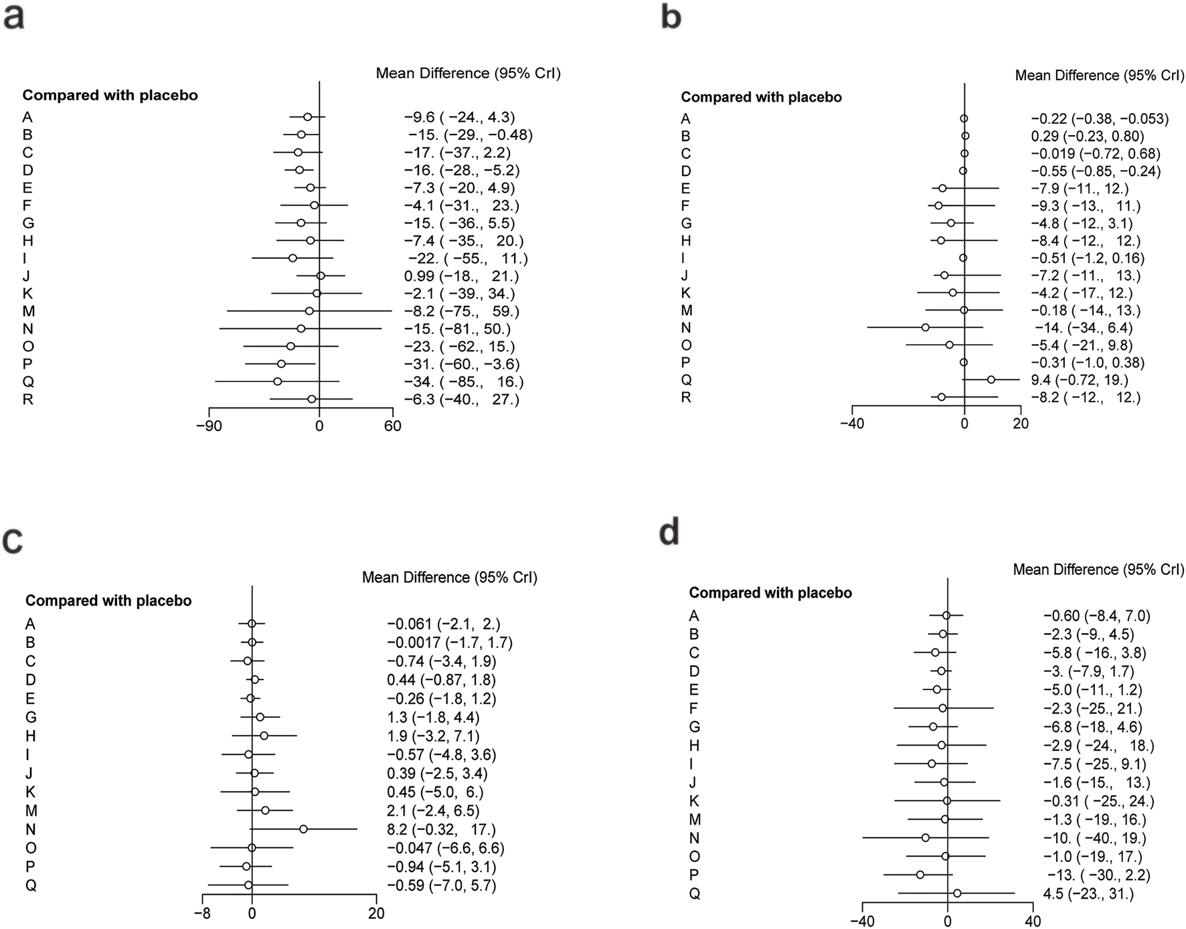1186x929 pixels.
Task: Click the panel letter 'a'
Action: [14, 17]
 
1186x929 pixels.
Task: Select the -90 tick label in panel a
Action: [209, 426]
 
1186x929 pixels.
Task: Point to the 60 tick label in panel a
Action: [393, 426]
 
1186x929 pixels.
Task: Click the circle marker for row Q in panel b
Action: [991, 379]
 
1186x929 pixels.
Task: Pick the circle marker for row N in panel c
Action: [303, 829]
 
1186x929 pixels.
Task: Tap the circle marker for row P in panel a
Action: [281, 363]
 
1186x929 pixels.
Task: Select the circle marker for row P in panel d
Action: [920, 875]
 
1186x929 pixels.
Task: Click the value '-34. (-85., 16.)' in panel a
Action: [463, 382]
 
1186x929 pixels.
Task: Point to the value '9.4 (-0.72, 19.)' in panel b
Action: [1079, 379]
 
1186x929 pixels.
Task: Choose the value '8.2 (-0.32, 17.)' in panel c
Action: [441, 829]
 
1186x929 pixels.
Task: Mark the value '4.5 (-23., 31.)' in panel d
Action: [1088, 894]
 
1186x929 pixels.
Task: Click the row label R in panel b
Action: [686, 398]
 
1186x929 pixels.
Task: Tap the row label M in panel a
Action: [29, 311]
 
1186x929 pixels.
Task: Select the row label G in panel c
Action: [31, 717]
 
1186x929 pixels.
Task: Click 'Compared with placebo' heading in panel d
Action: [770, 593]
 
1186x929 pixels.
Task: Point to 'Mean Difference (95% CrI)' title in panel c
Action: [449, 577]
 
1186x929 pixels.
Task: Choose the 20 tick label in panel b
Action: [1020, 424]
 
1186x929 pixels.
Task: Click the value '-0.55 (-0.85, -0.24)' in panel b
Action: [1096, 171]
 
